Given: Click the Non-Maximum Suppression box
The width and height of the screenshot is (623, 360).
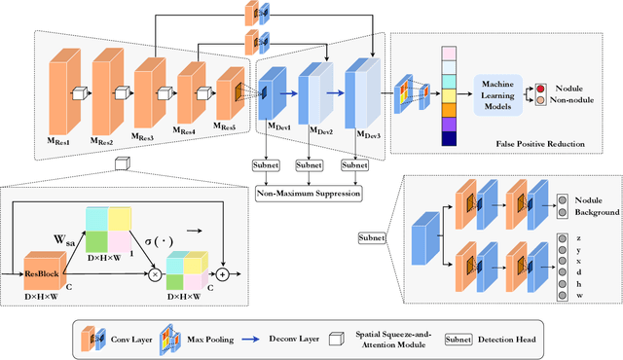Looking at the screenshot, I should tap(309, 194).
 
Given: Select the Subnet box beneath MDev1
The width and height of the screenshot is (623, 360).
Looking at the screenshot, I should tap(267, 165).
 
